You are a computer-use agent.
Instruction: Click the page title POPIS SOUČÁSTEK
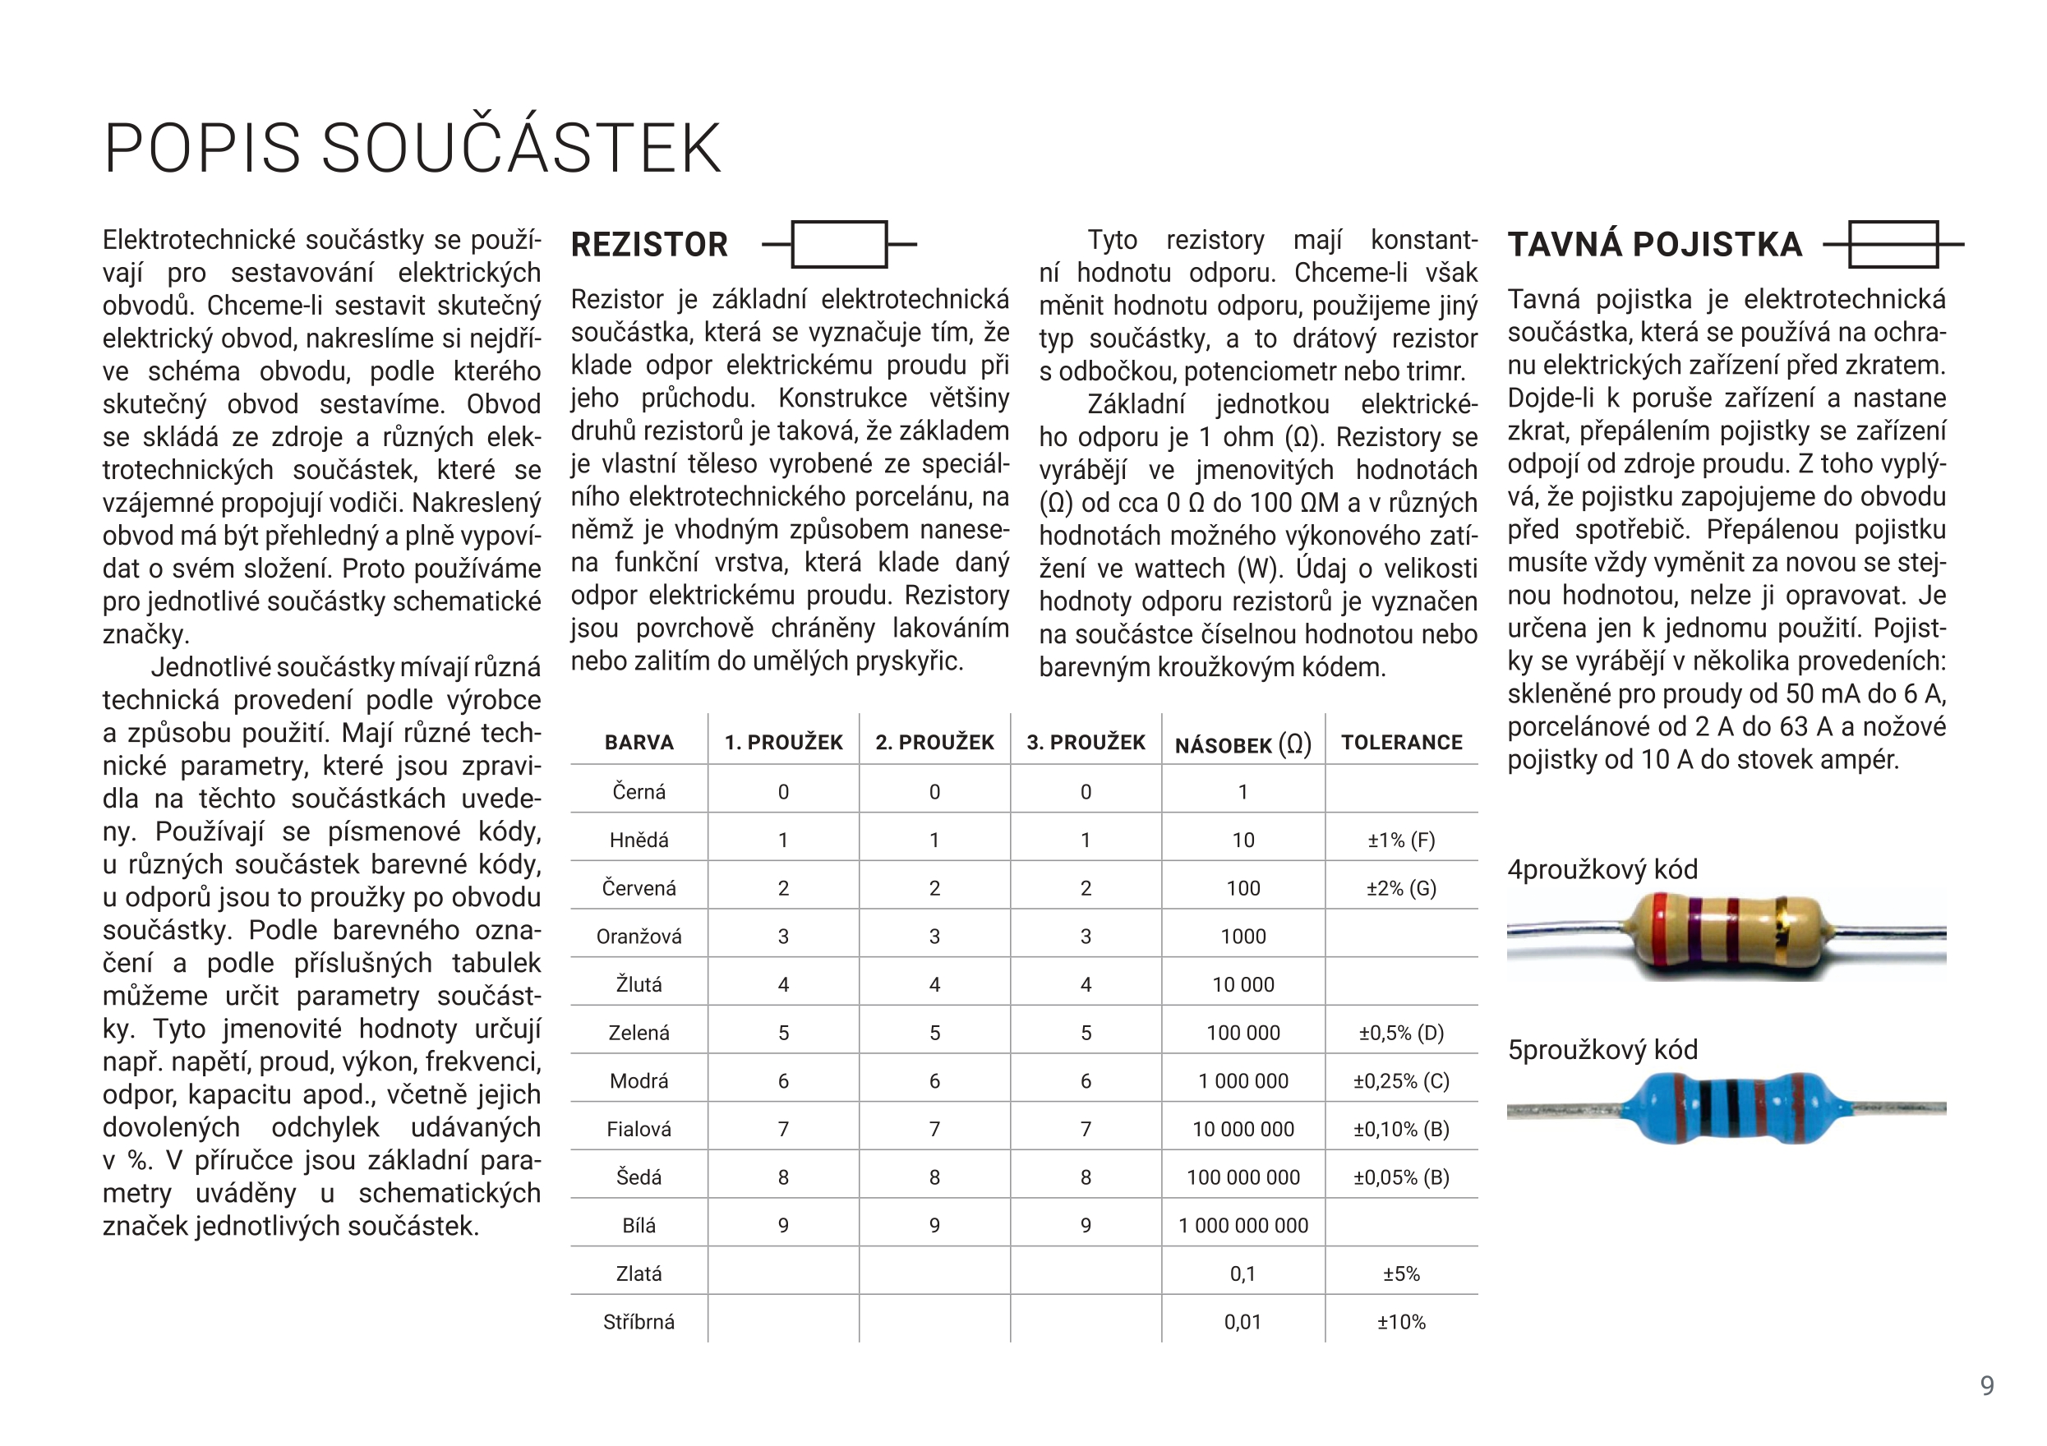coord(412,148)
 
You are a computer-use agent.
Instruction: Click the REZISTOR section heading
coord(649,244)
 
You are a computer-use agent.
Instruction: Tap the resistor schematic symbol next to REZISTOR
coord(839,244)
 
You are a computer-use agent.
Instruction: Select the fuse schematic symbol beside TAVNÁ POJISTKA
coord(1893,244)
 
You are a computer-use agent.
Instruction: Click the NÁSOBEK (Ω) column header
coord(1242,744)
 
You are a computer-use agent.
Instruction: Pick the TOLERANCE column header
coord(1402,743)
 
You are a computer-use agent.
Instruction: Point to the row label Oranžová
coord(639,936)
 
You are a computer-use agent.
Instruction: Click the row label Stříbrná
coord(639,1321)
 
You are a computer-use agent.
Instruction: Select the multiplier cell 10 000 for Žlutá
coord(1242,984)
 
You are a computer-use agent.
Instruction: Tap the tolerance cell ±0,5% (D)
coord(1402,1033)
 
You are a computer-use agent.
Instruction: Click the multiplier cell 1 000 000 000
coord(1242,1225)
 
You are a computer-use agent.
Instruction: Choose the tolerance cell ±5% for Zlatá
coord(1402,1273)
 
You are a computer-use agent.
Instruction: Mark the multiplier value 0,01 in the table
coord(1242,1321)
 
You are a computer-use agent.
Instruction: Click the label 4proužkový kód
coord(1602,869)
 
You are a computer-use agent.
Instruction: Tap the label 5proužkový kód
coord(1602,1049)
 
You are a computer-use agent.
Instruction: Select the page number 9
coord(1987,1384)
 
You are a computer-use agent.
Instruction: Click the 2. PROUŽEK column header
coord(934,743)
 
